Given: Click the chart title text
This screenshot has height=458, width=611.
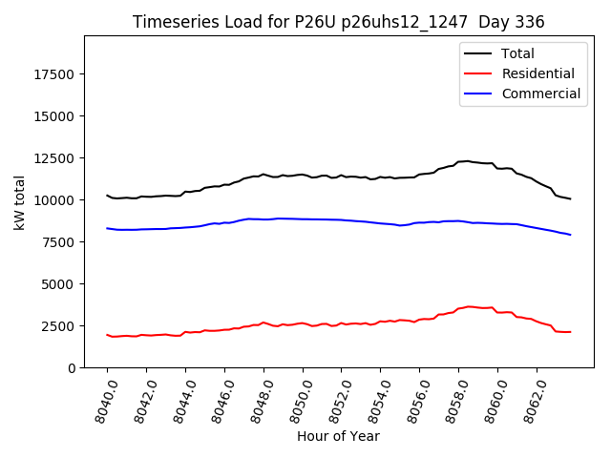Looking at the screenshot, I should [x=339, y=22].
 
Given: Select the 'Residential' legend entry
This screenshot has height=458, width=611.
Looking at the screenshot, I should [x=537, y=73].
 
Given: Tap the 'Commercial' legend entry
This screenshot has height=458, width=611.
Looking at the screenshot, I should [x=540, y=94].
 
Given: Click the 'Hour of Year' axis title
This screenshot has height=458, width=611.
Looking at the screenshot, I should [x=338, y=437].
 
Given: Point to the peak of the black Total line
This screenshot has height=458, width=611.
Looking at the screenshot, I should [x=468, y=161].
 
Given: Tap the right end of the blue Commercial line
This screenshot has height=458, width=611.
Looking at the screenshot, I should [x=571, y=235].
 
